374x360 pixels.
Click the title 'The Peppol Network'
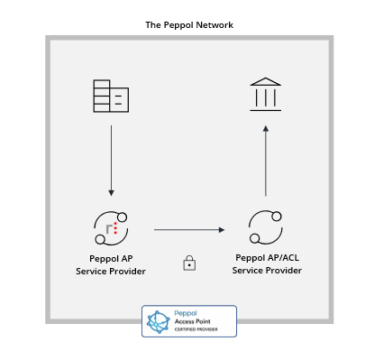point(189,25)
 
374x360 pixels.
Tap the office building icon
point(111,96)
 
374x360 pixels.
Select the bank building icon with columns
point(266,95)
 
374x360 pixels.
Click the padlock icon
point(189,263)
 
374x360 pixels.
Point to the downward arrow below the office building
point(111,161)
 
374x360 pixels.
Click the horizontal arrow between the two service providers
point(189,230)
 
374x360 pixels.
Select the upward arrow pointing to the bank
point(266,161)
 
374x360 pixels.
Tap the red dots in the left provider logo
point(115,228)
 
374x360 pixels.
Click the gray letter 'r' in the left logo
point(109,228)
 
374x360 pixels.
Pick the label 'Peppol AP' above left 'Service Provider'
point(111,259)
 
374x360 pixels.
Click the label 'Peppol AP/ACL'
point(268,258)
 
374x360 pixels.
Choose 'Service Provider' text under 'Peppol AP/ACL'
point(267,271)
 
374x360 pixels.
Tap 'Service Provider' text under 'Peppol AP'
point(111,272)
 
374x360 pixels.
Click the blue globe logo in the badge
point(159,322)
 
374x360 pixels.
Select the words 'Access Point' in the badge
point(193,321)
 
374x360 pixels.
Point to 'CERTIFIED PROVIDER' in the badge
point(196,329)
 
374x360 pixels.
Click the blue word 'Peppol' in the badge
point(186,314)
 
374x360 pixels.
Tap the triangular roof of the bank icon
point(266,81)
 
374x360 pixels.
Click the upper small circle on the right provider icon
point(277,217)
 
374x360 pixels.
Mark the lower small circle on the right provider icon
point(255,238)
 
